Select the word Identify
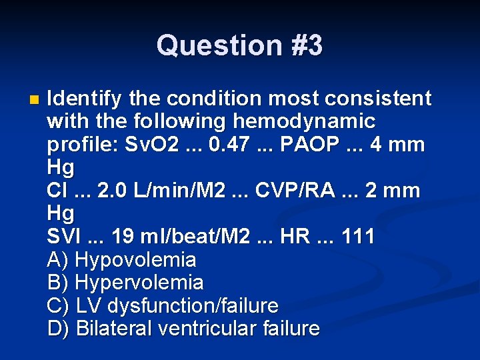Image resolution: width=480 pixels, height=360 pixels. [x=85, y=99]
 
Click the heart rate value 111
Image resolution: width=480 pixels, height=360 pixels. [x=357, y=237]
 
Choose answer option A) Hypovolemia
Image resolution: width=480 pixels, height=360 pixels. [x=122, y=260]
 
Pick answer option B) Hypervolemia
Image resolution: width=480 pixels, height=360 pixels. [x=125, y=283]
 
